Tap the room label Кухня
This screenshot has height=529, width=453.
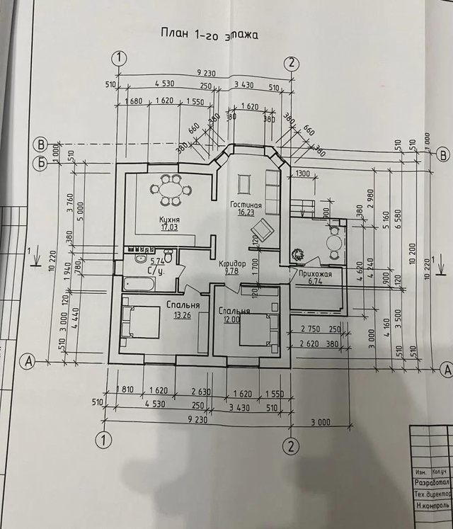(x=169, y=220)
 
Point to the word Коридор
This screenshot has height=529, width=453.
(x=232, y=263)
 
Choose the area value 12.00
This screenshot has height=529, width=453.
(x=230, y=319)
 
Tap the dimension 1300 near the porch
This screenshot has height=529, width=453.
(x=303, y=174)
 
